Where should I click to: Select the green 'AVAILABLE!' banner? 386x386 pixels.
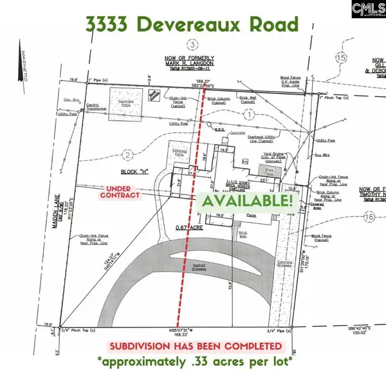pos(248,200)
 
